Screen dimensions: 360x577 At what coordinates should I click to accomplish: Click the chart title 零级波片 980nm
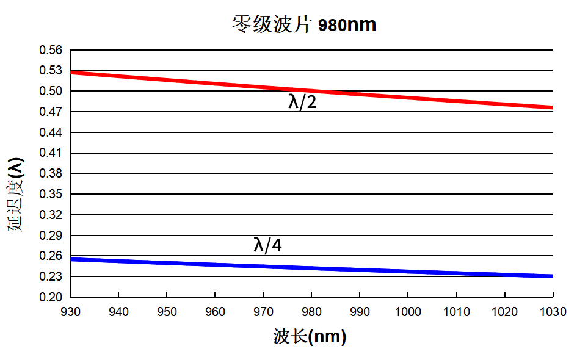click(x=303, y=25)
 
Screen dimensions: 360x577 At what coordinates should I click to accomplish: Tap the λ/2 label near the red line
click(x=302, y=102)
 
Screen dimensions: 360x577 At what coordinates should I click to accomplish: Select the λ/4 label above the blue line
click(x=267, y=245)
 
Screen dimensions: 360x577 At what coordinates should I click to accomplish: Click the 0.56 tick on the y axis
click(x=51, y=50)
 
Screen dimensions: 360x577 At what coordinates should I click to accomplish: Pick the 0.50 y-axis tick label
click(x=51, y=92)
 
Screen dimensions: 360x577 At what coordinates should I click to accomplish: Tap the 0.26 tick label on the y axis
click(x=51, y=256)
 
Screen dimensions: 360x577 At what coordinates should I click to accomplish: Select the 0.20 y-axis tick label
click(x=51, y=297)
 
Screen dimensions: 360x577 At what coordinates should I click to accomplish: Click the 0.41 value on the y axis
click(x=51, y=153)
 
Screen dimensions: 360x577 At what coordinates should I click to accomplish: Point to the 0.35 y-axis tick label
click(x=51, y=194)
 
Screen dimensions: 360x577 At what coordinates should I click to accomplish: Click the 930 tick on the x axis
click(x=71, y=312)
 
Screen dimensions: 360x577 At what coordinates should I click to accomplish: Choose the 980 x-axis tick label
click(x=311, y=312)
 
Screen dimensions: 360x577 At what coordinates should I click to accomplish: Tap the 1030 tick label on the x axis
click(x=552, y=312)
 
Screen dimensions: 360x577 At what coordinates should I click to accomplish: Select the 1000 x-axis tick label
click(x=408, y=312)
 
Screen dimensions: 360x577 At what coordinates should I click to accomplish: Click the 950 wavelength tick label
click(x=167, y=312)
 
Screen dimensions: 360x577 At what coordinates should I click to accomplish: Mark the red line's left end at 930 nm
click(x=71, y=73)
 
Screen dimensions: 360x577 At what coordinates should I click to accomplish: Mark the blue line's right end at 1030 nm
click(x=551, y=276)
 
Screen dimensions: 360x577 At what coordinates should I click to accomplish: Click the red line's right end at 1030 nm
click(x=551, y=107)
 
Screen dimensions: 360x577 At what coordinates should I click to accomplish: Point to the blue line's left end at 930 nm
click(x=71, y=259)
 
